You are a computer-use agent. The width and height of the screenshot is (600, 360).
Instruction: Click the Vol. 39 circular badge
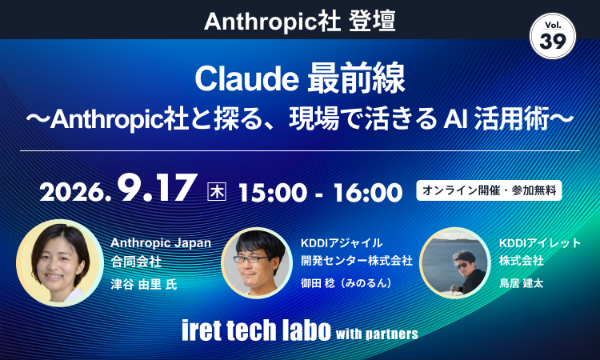point(553,36)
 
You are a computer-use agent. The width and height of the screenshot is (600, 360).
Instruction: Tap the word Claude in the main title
point(247,79)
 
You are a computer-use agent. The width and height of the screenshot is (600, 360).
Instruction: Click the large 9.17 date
point(158,188)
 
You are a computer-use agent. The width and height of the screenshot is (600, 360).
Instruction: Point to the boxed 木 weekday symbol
point(217,192)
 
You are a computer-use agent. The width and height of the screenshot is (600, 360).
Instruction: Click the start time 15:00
point(273,193)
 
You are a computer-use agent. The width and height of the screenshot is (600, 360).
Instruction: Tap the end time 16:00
point(368,193)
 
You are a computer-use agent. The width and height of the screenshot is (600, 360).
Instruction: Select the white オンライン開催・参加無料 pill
point(489,190)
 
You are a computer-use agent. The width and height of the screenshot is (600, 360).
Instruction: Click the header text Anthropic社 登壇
point(300,22)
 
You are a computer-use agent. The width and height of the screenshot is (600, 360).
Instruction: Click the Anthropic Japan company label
point(161,243)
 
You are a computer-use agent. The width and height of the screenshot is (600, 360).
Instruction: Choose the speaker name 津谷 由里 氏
point(144,284)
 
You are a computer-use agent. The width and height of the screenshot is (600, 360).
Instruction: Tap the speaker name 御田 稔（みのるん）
point(346,282)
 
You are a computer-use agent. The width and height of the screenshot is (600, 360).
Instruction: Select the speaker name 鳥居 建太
point(521,283)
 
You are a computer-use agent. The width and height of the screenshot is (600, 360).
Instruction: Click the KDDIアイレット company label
point(540,243)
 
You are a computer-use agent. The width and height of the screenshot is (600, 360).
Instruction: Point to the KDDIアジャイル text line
point(342,243)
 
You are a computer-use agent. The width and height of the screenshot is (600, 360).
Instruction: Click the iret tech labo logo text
point(256,330)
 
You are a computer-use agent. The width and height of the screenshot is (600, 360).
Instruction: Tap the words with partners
point(377,334)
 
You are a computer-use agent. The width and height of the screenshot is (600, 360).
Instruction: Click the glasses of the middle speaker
point(251,259)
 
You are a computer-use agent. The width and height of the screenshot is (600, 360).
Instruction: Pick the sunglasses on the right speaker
point(462,266)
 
